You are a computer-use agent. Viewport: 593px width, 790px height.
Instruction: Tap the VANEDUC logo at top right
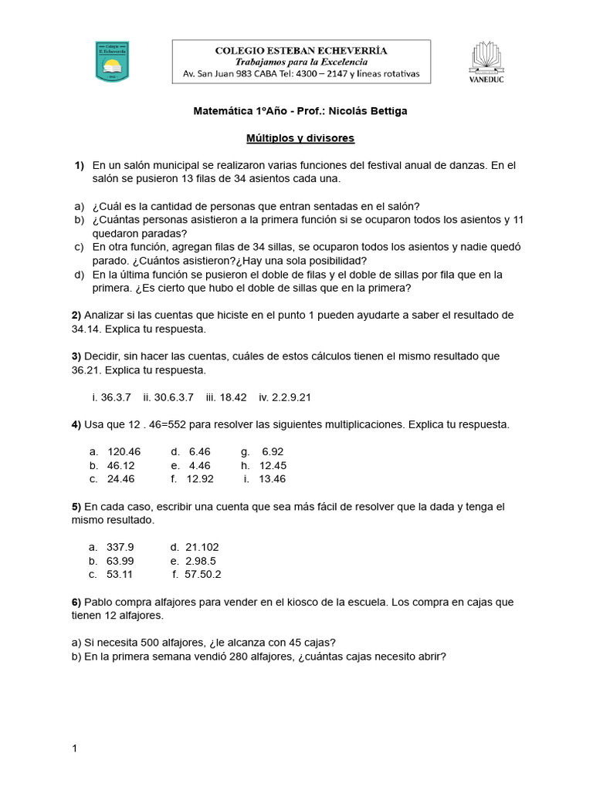pyautogui.click(x=486, y=62)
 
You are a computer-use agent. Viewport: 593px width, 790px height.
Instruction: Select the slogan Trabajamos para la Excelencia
pyautogui.click(x=301, y=62)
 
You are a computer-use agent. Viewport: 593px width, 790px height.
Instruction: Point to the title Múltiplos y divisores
pyautogui.click(x=300, y=138)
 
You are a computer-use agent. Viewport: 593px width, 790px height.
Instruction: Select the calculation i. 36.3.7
pyautogui.click(x=111, y=397)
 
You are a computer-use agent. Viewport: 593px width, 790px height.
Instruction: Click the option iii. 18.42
pyautogui.click(x=226, y=397)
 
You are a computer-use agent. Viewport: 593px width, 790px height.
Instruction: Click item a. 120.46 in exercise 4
pyautogui.click(x=115, y=451)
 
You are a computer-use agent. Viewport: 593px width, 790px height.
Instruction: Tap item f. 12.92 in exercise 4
pyautogui.click(x=192, y=478)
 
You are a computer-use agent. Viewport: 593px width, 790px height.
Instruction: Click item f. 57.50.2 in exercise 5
pyautogui.click(x=197, y=574)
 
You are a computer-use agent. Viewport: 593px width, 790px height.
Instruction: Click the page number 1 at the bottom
pyautogui.click(x=75, y=748)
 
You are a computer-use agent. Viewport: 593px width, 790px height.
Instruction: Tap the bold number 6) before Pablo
pyautogui.click(x=76, y=602)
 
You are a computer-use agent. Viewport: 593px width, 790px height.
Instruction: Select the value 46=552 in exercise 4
pyautogui.click(x=155, y=424)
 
